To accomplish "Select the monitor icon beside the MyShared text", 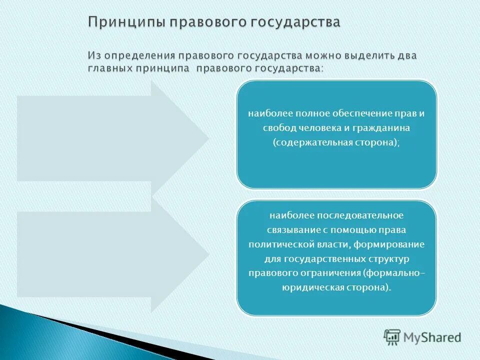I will pos(392,337).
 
